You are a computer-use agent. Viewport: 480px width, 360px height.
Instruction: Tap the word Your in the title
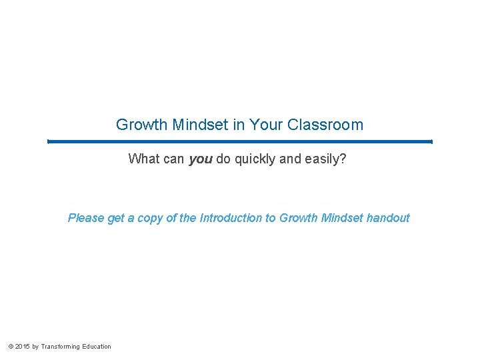click(x=265, y=125)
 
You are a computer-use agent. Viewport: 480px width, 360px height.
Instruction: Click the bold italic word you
click(x=201, y=159)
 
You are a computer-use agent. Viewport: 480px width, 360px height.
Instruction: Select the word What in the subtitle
click(x=143, y=159)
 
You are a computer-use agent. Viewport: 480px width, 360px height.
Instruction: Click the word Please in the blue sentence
click(x=86, y=218)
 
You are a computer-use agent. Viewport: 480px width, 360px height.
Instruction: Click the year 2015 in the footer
click(x=21, y=347)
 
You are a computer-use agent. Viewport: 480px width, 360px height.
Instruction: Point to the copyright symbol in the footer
click(x=10, y=347)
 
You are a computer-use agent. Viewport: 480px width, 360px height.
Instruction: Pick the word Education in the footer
click(x=97, y=347)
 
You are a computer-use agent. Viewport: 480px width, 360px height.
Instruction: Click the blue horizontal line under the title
click(x=240, y=141)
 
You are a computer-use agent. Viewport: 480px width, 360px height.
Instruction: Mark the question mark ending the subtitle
click(x=343, y=159)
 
